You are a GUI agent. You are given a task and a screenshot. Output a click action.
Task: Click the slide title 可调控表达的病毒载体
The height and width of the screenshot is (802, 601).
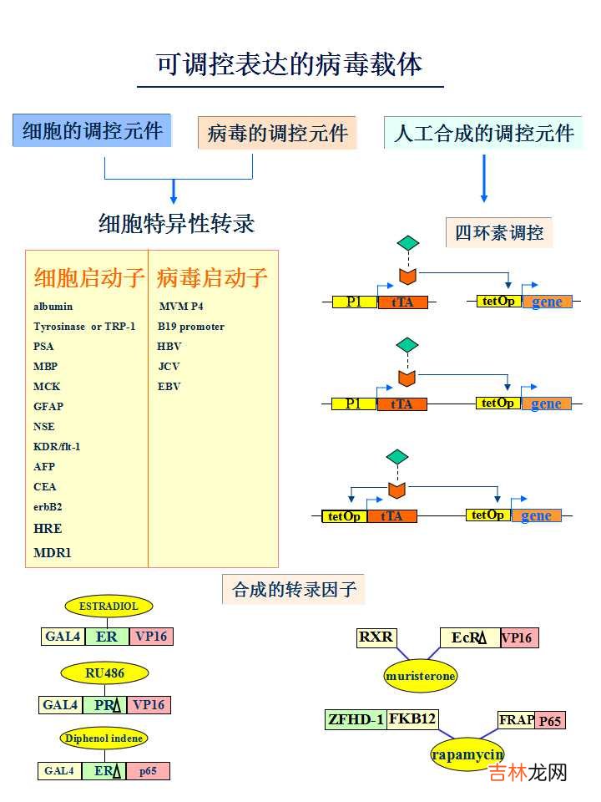tap(290, 64)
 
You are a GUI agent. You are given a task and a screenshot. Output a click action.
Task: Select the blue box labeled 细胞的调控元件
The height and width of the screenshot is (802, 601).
tap(92, 131)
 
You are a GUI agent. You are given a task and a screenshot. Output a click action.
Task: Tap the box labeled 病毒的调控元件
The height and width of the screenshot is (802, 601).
tap(277, 133)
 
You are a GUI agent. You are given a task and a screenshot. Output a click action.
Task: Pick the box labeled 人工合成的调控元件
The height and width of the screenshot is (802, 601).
tap(483, 133)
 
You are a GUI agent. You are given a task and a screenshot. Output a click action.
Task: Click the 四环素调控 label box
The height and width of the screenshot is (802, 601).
tap(498, 232)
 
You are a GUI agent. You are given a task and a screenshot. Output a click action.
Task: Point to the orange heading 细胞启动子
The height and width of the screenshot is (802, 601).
tap(89, 277)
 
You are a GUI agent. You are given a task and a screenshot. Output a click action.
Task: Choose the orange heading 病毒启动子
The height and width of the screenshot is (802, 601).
tap(212, 277)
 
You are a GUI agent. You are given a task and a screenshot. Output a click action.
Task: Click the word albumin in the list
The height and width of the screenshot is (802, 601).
tap(53, 307)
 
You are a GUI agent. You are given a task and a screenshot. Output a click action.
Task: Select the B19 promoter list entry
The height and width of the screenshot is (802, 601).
tap(191, 327)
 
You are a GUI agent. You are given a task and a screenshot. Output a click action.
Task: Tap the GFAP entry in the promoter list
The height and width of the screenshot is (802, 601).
tap(48, 407)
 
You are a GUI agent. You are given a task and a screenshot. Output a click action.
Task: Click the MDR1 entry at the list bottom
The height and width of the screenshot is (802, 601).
tap(53, 552)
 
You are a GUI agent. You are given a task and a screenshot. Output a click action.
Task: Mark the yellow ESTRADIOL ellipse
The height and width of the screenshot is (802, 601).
tap(104, 606)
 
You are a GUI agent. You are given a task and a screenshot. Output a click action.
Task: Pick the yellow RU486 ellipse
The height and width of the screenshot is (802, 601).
tap(104, 672)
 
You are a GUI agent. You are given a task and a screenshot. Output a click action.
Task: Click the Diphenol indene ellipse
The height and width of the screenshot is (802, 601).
tap(104, 738)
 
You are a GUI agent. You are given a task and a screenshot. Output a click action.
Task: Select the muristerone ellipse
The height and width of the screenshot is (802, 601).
tap(421, 675)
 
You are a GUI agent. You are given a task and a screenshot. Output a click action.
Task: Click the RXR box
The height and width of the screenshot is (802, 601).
tap(376, 637)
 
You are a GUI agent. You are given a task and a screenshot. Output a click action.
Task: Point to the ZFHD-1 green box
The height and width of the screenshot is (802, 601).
tap(356, 719)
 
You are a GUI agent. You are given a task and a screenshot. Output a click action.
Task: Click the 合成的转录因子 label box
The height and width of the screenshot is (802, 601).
tap(294, 590)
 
